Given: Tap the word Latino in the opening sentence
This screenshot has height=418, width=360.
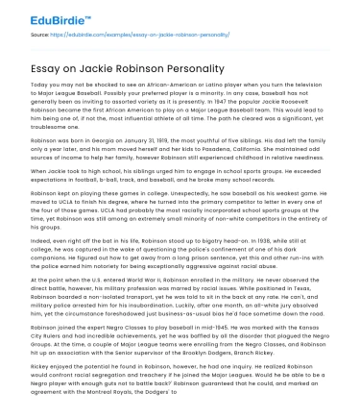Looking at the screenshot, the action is click(223, 85).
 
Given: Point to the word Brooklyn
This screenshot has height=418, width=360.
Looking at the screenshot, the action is click(229, 355).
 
